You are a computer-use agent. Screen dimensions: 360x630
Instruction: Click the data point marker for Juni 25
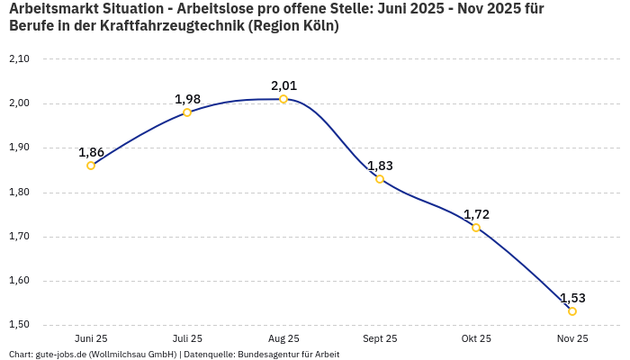[91, 166]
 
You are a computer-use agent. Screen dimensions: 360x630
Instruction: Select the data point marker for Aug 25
[283, 99]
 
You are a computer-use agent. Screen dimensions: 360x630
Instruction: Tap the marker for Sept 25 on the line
[380, 179]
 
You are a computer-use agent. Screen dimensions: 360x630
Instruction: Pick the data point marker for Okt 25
[476, 228]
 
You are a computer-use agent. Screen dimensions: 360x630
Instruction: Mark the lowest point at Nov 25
[572, 311]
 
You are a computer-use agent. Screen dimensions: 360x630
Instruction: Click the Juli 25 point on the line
[187, 112]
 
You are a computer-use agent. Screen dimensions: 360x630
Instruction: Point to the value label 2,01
[283, 85]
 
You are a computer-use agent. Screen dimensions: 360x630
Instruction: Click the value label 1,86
[91, 152]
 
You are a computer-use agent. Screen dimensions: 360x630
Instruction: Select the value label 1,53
[572, 298]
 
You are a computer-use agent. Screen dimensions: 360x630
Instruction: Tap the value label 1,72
[476, 214]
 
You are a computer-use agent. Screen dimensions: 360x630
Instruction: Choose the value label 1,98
[187, 99]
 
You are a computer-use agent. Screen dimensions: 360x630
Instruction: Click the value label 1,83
[380, 166]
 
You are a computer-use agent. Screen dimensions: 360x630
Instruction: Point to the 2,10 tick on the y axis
[19, 59]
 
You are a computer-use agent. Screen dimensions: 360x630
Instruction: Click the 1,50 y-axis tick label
[19, 325]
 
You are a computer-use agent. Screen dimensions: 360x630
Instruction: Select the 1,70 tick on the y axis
[19, 237]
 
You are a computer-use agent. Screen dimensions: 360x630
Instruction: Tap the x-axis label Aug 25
[283, 338]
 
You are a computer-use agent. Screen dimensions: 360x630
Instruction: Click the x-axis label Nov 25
[572, 338]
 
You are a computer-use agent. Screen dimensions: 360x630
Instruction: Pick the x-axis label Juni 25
[91, 338]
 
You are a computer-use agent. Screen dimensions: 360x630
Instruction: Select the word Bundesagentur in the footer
[266, 355]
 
